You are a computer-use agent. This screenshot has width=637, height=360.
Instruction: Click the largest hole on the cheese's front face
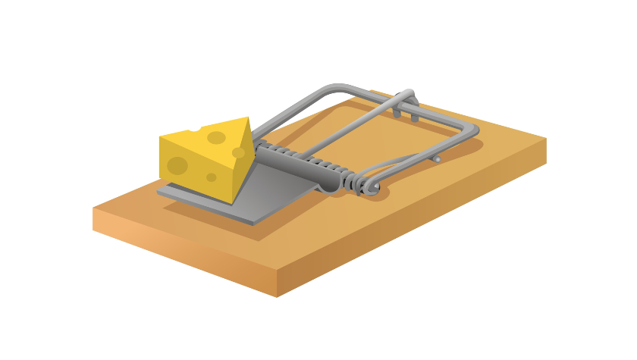(x=177, y=165)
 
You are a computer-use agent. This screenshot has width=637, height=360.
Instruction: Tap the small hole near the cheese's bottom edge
(x=212, y=177)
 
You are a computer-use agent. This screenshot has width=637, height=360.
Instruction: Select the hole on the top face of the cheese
(x=216, y=137)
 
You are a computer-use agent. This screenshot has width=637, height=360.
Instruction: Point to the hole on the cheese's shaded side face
(x=239, y=152)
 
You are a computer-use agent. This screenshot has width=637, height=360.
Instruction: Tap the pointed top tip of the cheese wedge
(x=246, y=118)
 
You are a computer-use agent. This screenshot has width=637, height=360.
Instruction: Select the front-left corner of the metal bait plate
(x=159, y=193)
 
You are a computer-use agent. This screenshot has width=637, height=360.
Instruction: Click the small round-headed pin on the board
(x=437, y=159)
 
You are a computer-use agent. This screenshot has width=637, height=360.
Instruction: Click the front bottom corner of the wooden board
(x=277, y=296)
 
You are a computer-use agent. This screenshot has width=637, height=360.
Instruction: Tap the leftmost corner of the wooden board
(x=93, y=209)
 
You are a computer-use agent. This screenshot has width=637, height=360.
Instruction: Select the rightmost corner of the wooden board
(x=546, y=139)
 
